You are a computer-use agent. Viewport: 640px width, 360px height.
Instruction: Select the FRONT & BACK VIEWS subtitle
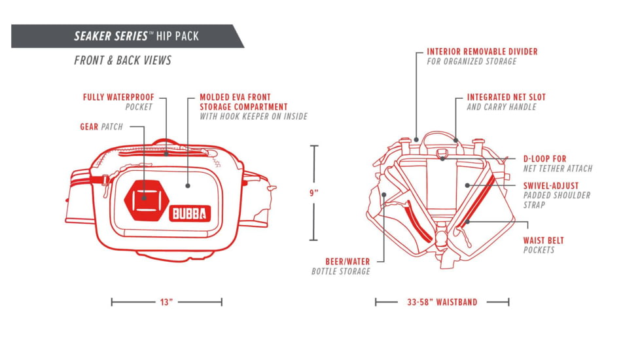122,60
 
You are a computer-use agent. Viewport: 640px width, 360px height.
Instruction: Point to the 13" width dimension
166,302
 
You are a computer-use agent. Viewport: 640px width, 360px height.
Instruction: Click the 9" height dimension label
315,192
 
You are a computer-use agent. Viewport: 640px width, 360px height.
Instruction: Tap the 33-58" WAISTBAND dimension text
442,302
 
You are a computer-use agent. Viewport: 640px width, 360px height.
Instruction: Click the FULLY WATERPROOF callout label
118,97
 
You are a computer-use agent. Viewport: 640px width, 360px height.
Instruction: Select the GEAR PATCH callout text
101,126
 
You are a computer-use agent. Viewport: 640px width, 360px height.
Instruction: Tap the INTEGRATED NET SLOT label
506,97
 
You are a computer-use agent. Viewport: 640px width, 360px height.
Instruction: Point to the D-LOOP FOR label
544,158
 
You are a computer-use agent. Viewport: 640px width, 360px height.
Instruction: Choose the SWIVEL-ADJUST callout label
550,185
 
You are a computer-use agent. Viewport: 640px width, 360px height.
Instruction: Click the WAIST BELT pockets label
543,240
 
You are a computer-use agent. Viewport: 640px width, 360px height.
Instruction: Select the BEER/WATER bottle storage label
347,261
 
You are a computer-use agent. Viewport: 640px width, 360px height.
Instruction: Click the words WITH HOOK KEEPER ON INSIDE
253,117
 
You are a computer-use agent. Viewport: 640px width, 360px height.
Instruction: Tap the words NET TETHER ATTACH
558,168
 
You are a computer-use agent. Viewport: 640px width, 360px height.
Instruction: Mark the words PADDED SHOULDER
557,195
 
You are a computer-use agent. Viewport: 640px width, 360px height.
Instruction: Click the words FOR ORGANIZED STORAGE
472,61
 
